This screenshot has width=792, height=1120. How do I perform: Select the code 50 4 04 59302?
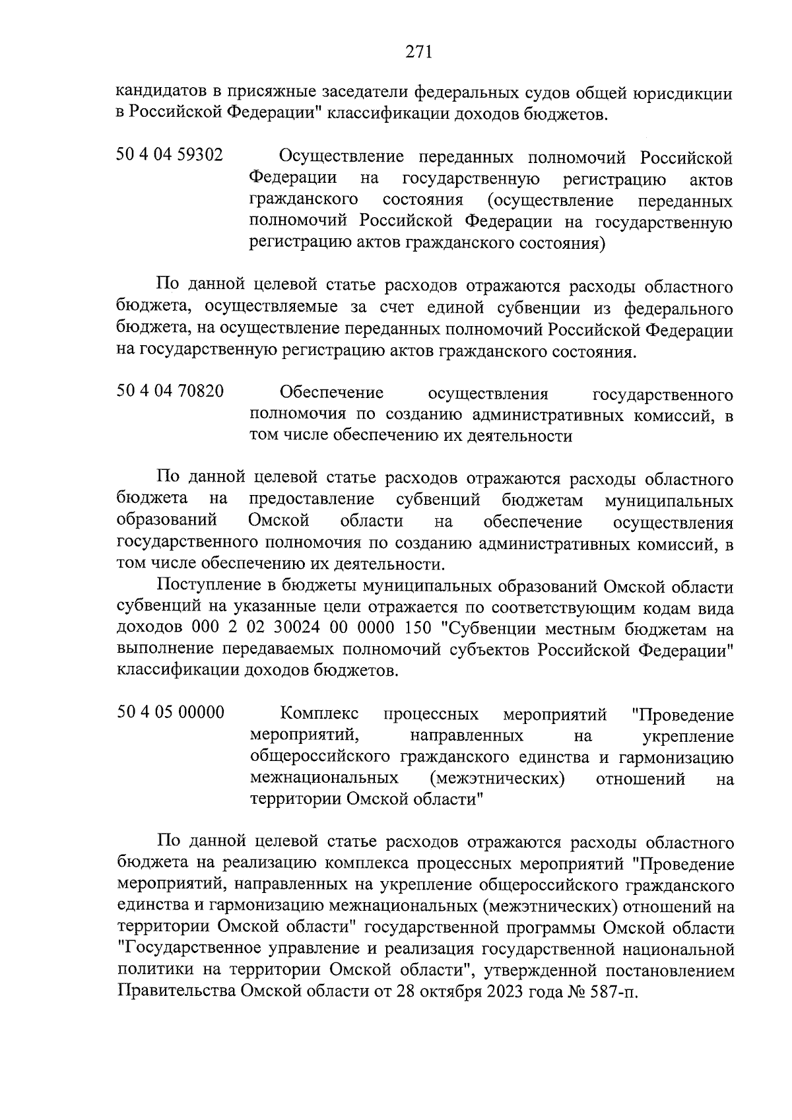(x=170, y=156)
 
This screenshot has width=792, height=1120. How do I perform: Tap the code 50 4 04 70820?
(x=170, y=392)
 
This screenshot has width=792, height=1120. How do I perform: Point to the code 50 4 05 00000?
(x=170, y=713)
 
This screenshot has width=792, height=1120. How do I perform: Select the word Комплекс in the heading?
(x=319, y=714)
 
